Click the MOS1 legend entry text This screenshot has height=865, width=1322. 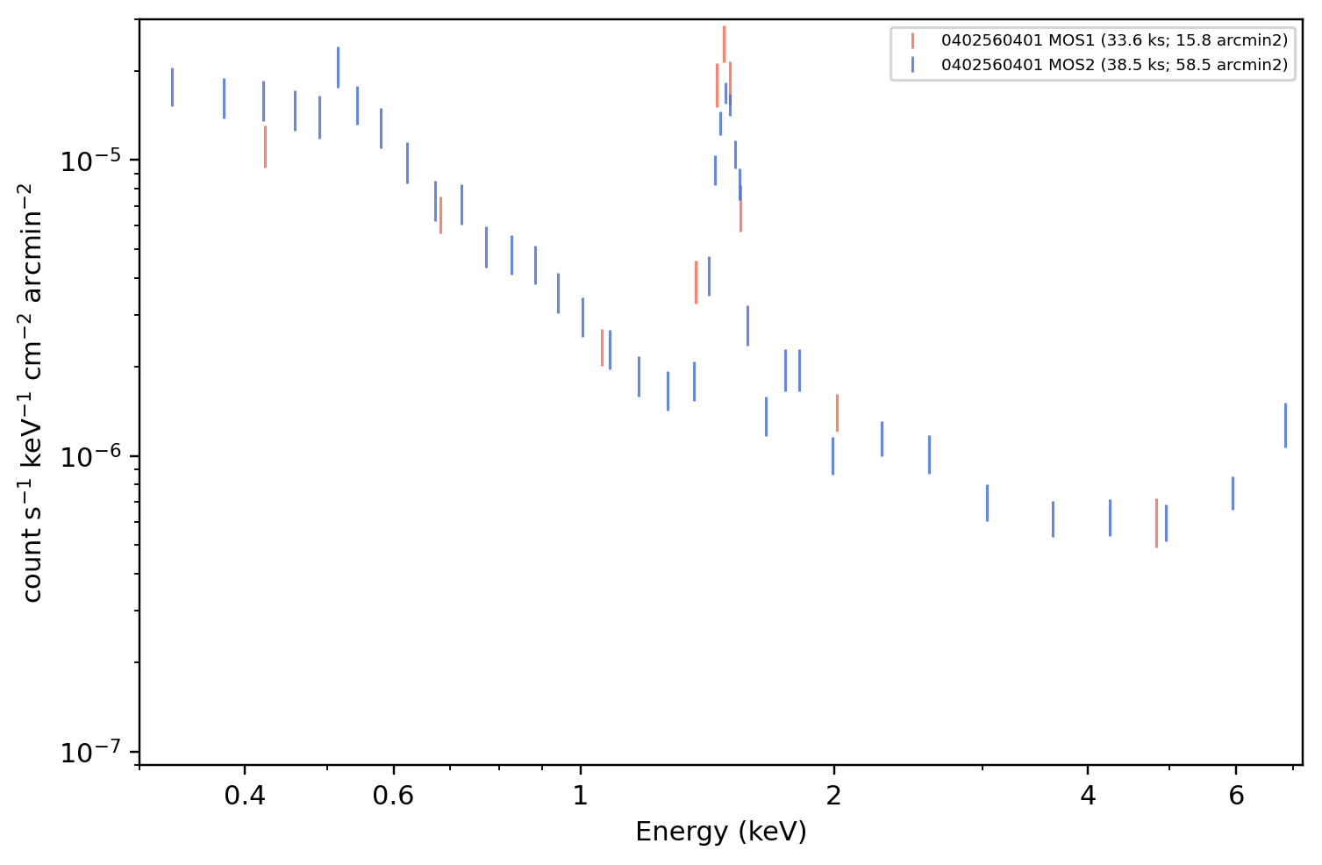[1114, 40]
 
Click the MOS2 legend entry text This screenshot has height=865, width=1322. [1114, 64]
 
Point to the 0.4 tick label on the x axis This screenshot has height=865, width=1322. [245, 796]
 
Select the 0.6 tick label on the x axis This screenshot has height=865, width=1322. [393, 796]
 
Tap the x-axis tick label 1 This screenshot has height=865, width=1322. [581, 796]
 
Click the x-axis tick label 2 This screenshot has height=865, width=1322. [833, 796]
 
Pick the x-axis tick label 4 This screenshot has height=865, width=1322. [1088, 796]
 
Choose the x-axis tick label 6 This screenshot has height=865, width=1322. [1236, 796]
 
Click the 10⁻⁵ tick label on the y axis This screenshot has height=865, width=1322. [90, 161]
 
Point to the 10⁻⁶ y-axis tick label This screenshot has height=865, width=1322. [90, 456]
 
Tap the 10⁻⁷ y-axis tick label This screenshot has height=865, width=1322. [90, 752]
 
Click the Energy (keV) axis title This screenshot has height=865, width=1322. [720, 832]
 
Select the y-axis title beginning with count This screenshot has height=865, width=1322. [32, 393]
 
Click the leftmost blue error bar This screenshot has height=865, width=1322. [172, 88]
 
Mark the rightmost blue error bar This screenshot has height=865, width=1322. [1285, 425]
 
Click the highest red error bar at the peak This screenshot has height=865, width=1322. [724, 44]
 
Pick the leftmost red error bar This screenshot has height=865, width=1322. [266, 147]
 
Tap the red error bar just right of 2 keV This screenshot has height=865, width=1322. [838, 413]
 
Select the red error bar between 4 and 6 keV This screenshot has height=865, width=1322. [1157, 524]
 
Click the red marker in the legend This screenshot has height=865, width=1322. [912, 40]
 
